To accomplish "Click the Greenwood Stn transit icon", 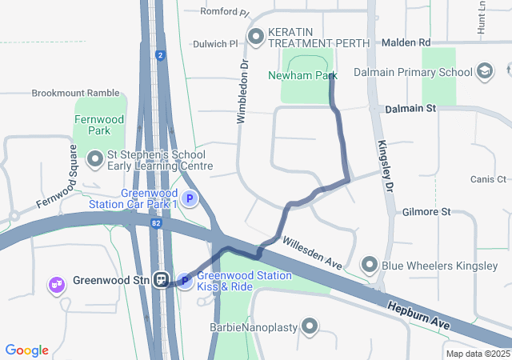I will pyautogui.click(x=162, y=280).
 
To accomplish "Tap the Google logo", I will pyautogui.click(x=27, y=350).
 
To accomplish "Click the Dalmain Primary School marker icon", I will pyautogui.click(x=484, y=72).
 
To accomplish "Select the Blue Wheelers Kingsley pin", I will pyautogui.click(x=370, y=265).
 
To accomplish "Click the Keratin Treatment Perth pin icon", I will pyautogui.click(x=256, y=36).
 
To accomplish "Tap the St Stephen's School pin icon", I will pyautogui.click(x=95, y=160).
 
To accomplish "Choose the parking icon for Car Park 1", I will pyautogui.click(x=190, y=199).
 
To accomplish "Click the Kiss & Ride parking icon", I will pyautogui.click(x=185, y=281).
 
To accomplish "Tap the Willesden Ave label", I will pyautogui.click(x=312, y=250).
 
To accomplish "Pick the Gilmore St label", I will pyautogui.click(x=427, y=212).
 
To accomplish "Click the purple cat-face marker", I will pyautogui.click(x=57, y=285).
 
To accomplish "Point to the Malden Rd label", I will pyautogui.click(x=406, y=42).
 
